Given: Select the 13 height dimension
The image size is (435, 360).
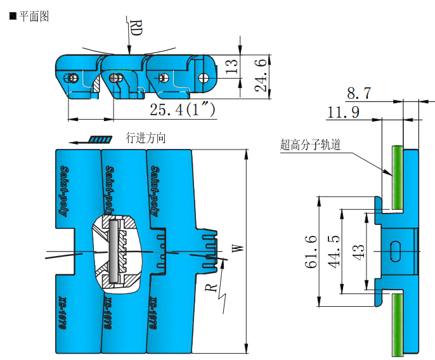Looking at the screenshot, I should coord(232,65).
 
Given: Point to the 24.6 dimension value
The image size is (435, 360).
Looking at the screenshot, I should coord(261,75).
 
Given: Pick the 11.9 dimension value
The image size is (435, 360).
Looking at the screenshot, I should coord(342,113).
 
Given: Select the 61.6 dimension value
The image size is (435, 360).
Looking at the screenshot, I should coord(311,251).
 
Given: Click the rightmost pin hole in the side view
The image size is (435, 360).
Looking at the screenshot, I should coord(204,77).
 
